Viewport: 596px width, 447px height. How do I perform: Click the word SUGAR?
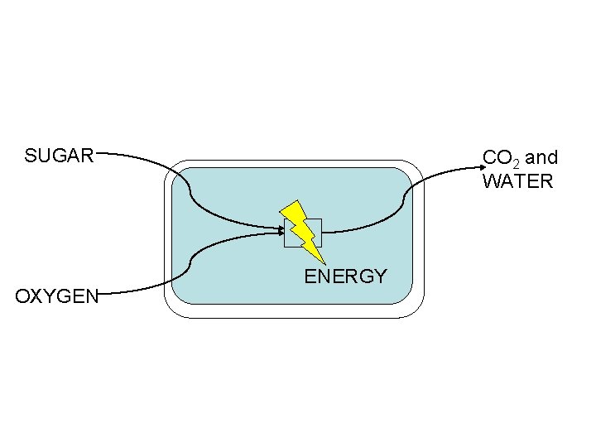[x=59, y=156]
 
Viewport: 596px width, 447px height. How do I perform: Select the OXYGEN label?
[x=57, y=296]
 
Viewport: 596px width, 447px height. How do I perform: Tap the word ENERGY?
[x=345, y=276]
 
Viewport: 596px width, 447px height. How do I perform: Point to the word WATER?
[x=517, y=181]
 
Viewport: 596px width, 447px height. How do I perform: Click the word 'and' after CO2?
[x=541, y=157]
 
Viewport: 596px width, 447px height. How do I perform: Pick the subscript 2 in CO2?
[x=515, y=161]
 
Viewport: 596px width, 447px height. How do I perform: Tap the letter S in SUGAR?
[x=31, y=156]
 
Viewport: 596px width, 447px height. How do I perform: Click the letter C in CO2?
[x=489, y=157]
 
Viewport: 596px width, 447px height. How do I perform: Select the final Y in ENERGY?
[x=380, y=276]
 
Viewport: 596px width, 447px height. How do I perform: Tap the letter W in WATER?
[x=493, y=181]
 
